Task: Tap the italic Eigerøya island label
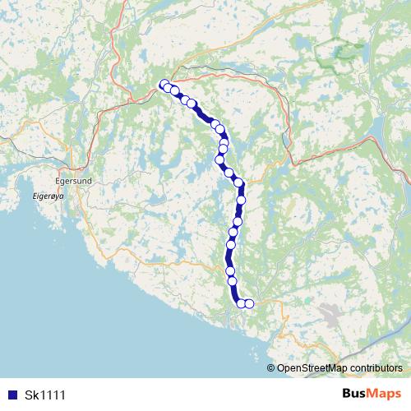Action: click(46, 197)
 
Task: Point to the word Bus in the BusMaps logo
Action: click(355, 395)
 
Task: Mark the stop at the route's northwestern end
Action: click(164, 84)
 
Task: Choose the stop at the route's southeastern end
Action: click(250, 304)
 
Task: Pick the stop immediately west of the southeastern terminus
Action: click(242, 304)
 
